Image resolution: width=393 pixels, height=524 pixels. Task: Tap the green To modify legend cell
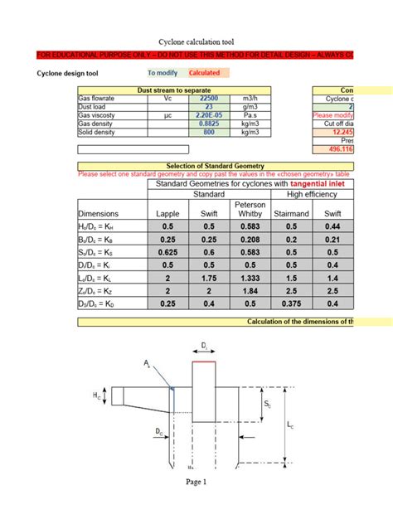[162, 73]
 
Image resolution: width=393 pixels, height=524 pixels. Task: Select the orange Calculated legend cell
[204, 73]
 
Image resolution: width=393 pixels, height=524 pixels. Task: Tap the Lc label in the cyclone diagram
[290, 425]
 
